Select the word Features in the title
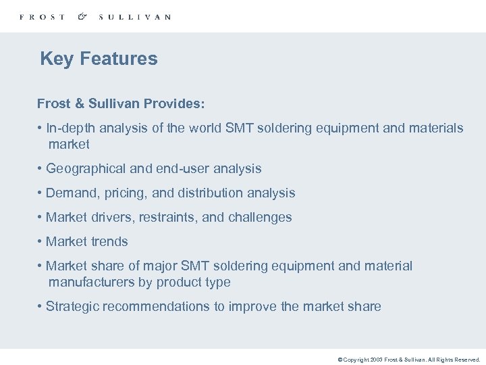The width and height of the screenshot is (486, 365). [x=119, y=59]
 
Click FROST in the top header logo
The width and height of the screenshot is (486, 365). [x=43, y=17]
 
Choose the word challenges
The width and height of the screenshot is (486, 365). [x=260, y=217]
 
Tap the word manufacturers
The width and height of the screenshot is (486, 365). [x=92, y=282]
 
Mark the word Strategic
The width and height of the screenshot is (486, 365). [x=72, y=306]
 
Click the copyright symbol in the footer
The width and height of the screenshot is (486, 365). [x=340, y=360]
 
